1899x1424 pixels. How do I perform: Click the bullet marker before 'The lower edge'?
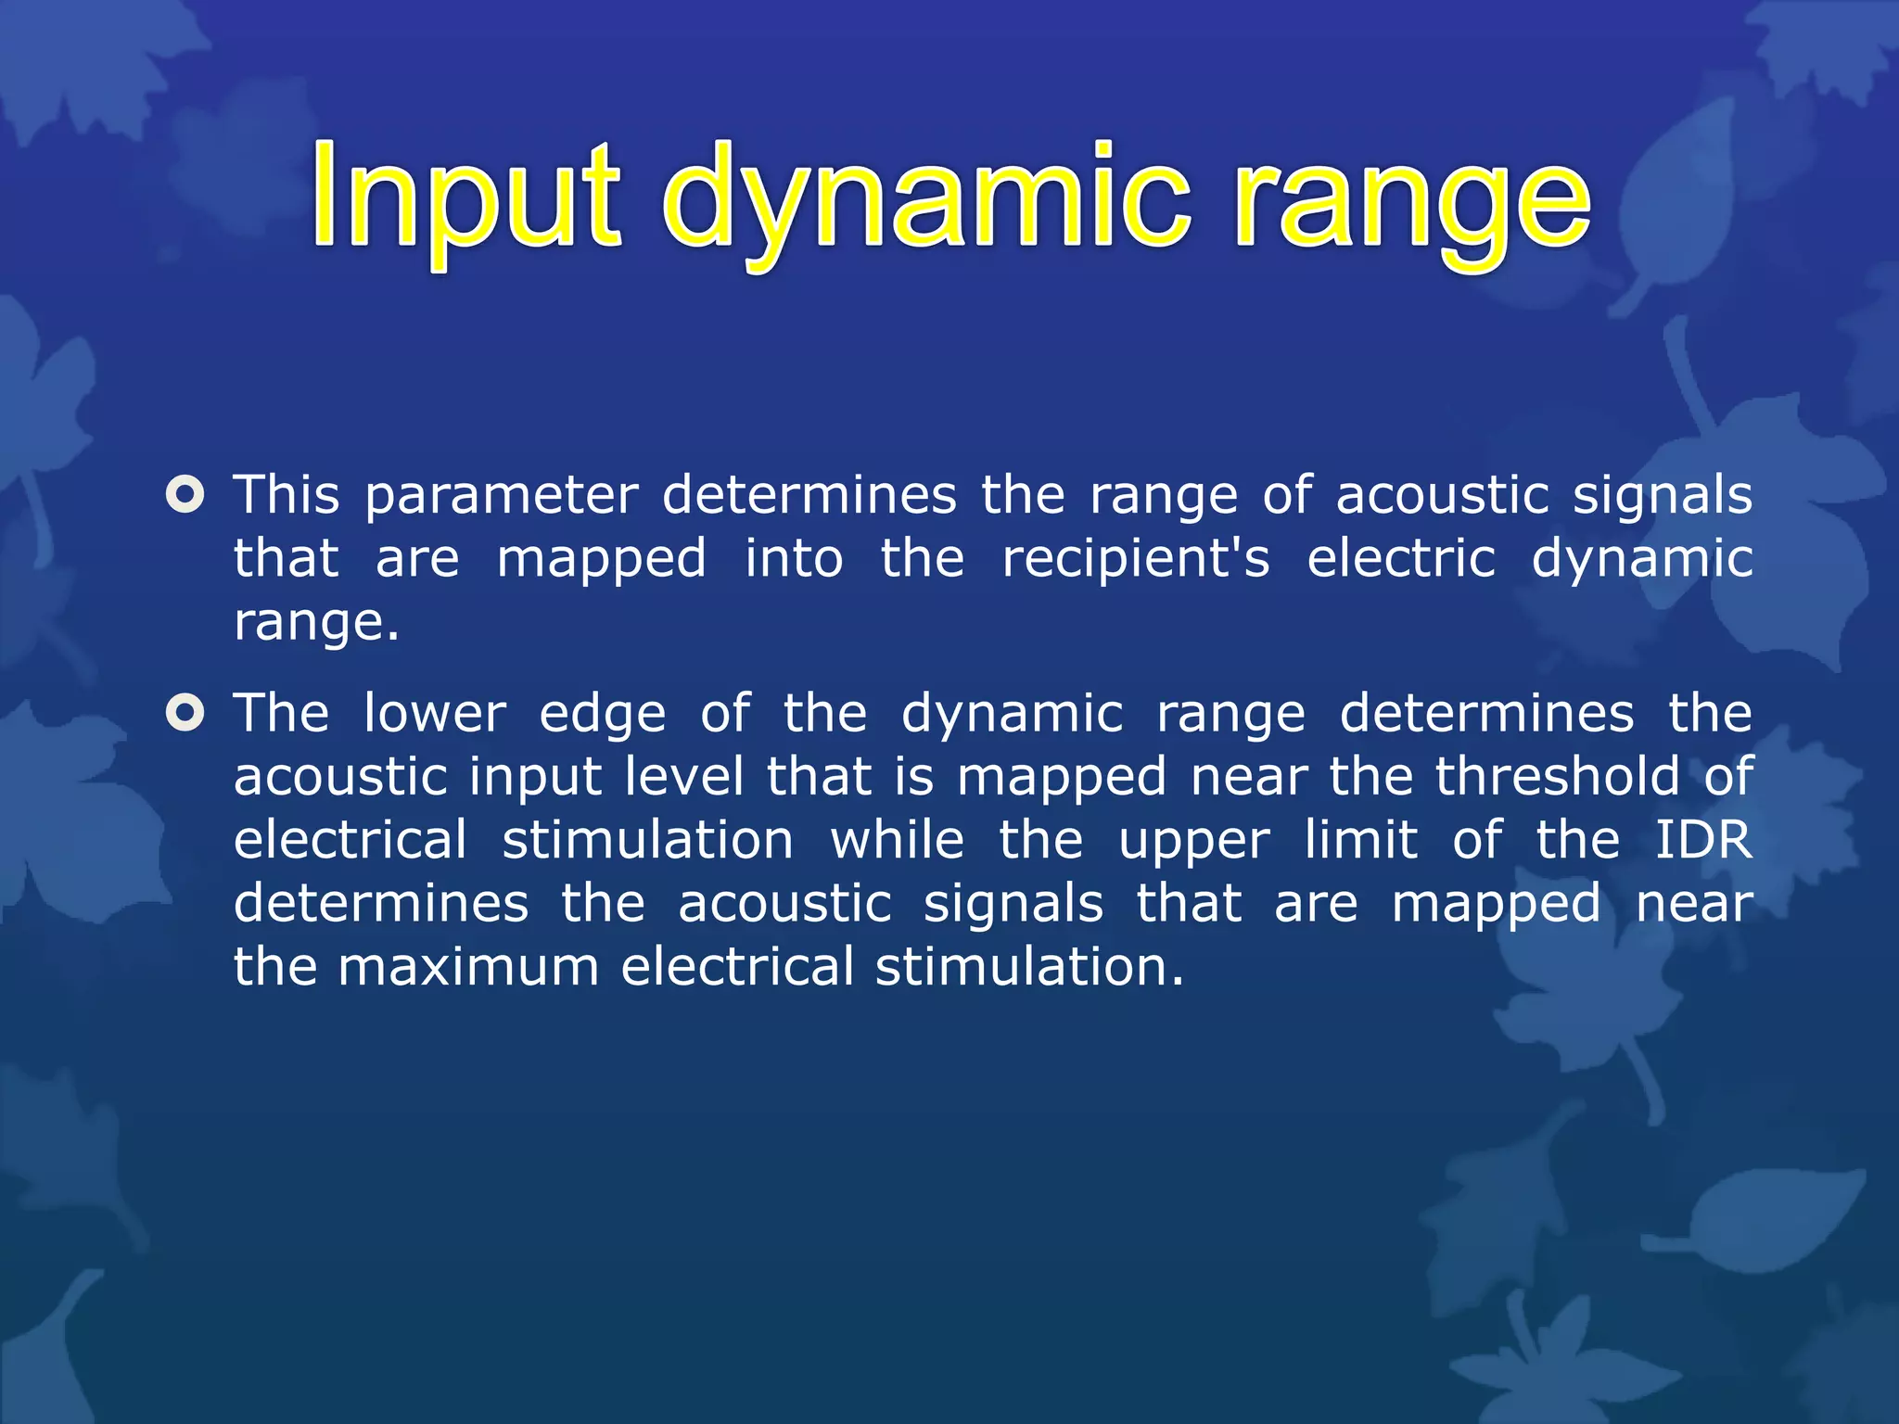point(185,713)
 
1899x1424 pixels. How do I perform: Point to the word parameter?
point(502,496)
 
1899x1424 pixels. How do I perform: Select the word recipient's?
point(1135,559)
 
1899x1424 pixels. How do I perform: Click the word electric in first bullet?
point(1400,559)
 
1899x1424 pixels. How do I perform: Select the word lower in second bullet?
point(435,714)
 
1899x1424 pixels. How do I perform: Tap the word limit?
point(1360,840)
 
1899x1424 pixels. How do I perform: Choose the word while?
point(897,840)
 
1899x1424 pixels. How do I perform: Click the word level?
point(683,777)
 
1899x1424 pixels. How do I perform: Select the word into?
point(794,559)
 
